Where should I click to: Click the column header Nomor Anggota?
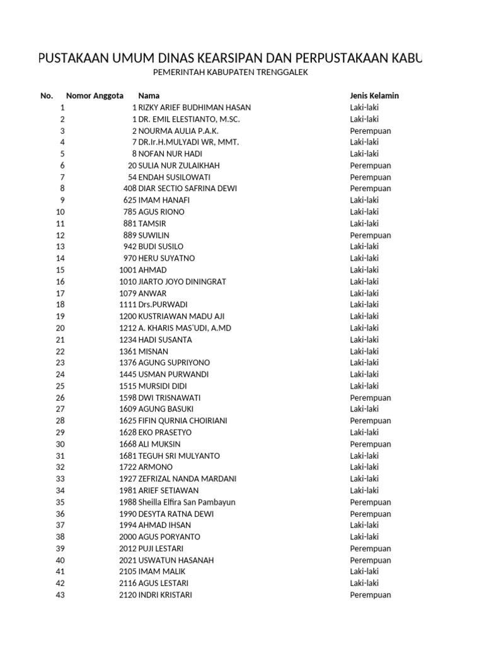tap(95, 96)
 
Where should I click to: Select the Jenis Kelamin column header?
tap(374, 96)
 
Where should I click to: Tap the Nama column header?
tap(149, 96)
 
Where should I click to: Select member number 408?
tap(130, 189)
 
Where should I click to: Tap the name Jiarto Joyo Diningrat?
tap(182, 281)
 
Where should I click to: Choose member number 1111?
tap(127, 305)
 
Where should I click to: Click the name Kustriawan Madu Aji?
tap(181, 316)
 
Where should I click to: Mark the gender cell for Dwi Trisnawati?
tap(371, 397)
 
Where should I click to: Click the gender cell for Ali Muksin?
tap(371, 444)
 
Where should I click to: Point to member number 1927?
tap(127, 479)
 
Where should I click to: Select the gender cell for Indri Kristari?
tap(371, 595)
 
